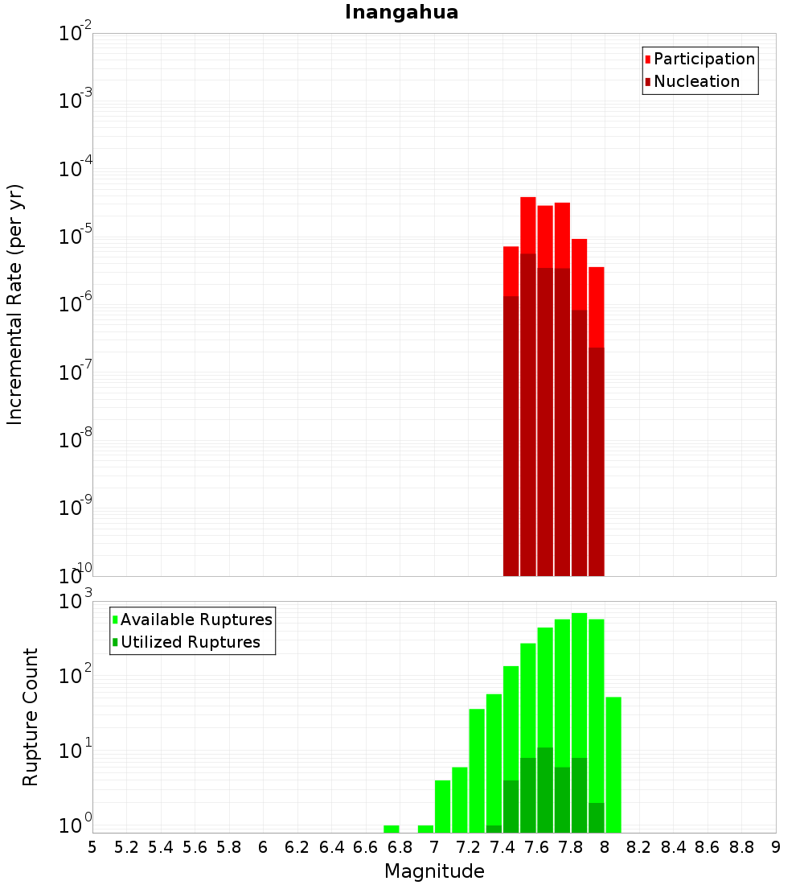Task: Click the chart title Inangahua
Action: tap(401, 13)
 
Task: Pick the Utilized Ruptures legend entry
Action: tap(190, 642)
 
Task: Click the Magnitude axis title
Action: tap(434, 871)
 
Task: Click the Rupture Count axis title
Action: tap(31, 716)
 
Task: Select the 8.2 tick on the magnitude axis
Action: tap(639, 847)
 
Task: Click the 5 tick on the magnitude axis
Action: tap(92, 847)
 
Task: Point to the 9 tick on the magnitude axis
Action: tap(776, 847)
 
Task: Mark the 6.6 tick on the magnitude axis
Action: tap(366, 847)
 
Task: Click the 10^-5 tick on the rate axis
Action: tap(76, 237)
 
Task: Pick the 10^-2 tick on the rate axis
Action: tap(76, 34)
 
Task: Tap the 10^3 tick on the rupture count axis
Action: tap(76, 602)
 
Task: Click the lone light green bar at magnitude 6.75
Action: tap(392, 829)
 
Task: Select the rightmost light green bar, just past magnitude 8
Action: tap(613, 764)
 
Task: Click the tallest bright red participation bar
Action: tap(528, 225)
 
